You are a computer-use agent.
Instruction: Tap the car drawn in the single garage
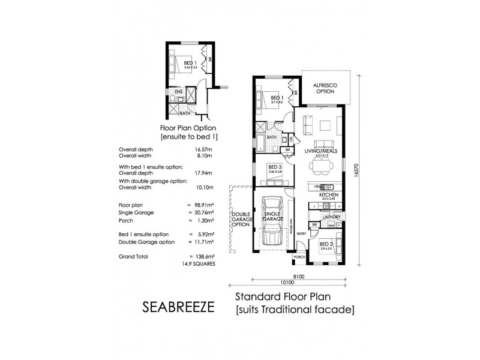click(x=274, y=221)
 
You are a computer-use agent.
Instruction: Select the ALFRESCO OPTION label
click(x=326, y=88)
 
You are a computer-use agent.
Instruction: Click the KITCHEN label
click(x=329, y=195)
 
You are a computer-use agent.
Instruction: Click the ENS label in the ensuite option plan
click(x=179, y=91)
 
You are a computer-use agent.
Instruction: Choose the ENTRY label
click(x=301, y=234)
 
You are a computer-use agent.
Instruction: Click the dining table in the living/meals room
click(x=319, y=165)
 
